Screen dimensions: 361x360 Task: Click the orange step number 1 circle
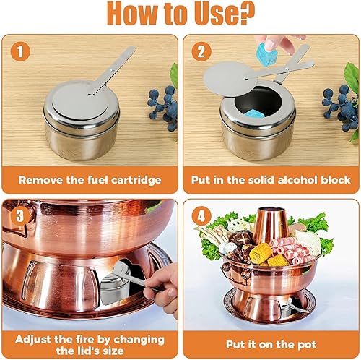(x=20, y=51)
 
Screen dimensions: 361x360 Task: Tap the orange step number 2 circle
(x=201, y=51)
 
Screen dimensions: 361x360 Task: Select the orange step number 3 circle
(x=20, y=216)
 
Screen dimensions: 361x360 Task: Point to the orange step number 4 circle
(x=201, y=216)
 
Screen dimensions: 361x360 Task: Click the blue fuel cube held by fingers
(x=266, y=54)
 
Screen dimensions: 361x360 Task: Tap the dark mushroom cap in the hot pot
(x=240, y=237)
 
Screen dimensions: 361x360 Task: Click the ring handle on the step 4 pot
(x=235, y=273)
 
